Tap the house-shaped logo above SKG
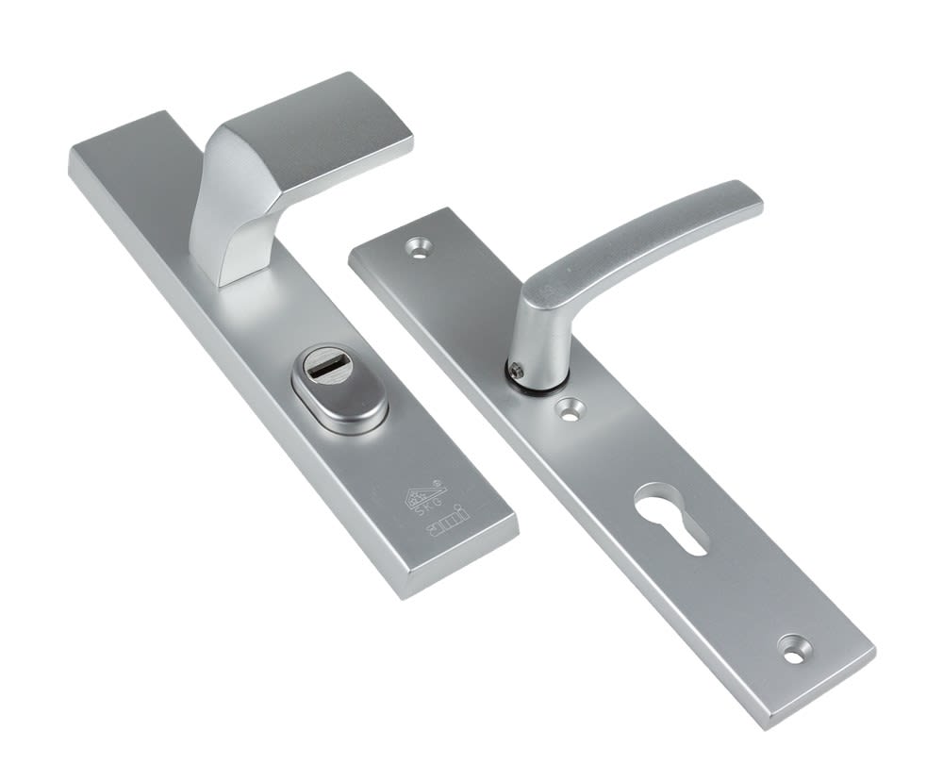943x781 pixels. (422, 493)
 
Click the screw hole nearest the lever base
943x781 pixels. (568, 408)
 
